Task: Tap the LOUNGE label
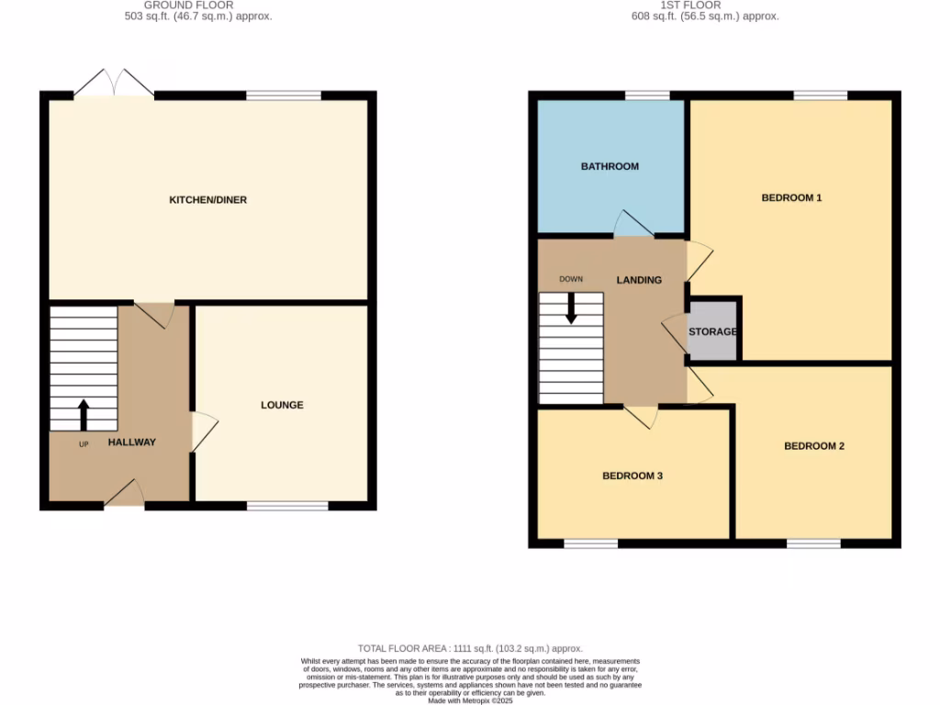[282, 405]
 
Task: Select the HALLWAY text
[132, 442]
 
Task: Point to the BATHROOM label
[610, 166]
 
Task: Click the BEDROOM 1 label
[791, 197]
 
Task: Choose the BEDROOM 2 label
[814, 446]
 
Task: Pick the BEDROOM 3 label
[632, 476]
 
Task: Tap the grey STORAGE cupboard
[713, 330]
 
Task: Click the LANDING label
[639, 280]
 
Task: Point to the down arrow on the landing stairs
[571, 308]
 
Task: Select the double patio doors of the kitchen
[113, 84]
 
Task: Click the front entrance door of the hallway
[125, 496]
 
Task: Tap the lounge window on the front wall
[287, 506]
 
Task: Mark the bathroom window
[647, 95]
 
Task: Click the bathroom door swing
[632, 223]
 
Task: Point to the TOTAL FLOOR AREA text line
[470, 649]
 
